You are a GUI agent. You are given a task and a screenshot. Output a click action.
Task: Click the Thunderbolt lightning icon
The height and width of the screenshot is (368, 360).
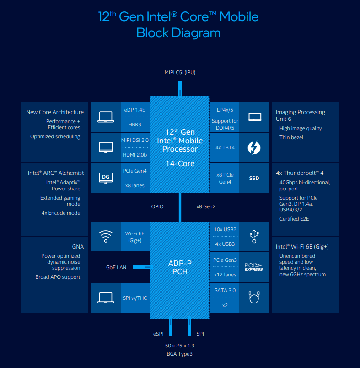(x=254, y=148)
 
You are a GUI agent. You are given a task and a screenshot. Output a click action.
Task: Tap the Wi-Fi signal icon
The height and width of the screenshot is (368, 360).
(x=106, y=236)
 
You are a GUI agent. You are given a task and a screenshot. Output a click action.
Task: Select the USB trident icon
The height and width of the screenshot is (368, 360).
(x=254, y=236)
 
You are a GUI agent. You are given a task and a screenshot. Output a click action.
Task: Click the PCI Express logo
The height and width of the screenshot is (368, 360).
(x=254, y=267)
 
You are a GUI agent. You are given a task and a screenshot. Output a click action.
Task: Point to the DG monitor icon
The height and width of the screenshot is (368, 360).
(x=106, y=178)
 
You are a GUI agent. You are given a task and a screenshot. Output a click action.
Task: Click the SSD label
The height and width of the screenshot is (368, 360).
(x=254, y=178)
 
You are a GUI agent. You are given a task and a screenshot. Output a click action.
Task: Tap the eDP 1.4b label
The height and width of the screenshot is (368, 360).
(x=134, y=110)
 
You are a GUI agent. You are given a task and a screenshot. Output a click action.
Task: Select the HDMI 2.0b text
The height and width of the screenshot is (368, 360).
(x=134, y=155)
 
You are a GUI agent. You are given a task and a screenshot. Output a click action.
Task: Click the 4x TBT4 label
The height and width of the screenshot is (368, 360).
(x=225, y=147)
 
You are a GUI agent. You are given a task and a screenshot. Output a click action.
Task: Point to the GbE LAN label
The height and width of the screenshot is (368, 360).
(x=116, y=267)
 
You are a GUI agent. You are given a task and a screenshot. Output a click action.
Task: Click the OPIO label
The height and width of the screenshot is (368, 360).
(x=157, y=206)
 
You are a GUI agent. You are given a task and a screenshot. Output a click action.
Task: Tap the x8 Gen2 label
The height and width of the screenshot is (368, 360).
(x=206, y=206)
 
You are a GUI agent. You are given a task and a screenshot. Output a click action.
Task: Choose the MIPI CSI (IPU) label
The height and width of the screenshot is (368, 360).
(x=180, y=72)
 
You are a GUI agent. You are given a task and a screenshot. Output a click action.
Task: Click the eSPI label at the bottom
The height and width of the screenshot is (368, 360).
(x=158, y=334)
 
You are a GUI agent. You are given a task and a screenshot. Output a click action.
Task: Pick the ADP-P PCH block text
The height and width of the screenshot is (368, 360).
(x=180, y=267)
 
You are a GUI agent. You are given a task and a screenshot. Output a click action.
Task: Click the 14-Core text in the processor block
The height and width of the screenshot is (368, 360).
(x=180, y=163)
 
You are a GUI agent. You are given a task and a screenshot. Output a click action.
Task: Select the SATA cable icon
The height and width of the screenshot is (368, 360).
(x=254, y=297)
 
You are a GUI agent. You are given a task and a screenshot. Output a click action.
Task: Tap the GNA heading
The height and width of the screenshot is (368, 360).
(x=78, y=246)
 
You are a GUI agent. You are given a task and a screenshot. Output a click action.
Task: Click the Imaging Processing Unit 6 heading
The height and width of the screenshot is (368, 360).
(x=301, y=115)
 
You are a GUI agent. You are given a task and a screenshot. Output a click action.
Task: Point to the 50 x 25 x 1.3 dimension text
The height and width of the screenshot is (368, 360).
(x=180, y=346)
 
